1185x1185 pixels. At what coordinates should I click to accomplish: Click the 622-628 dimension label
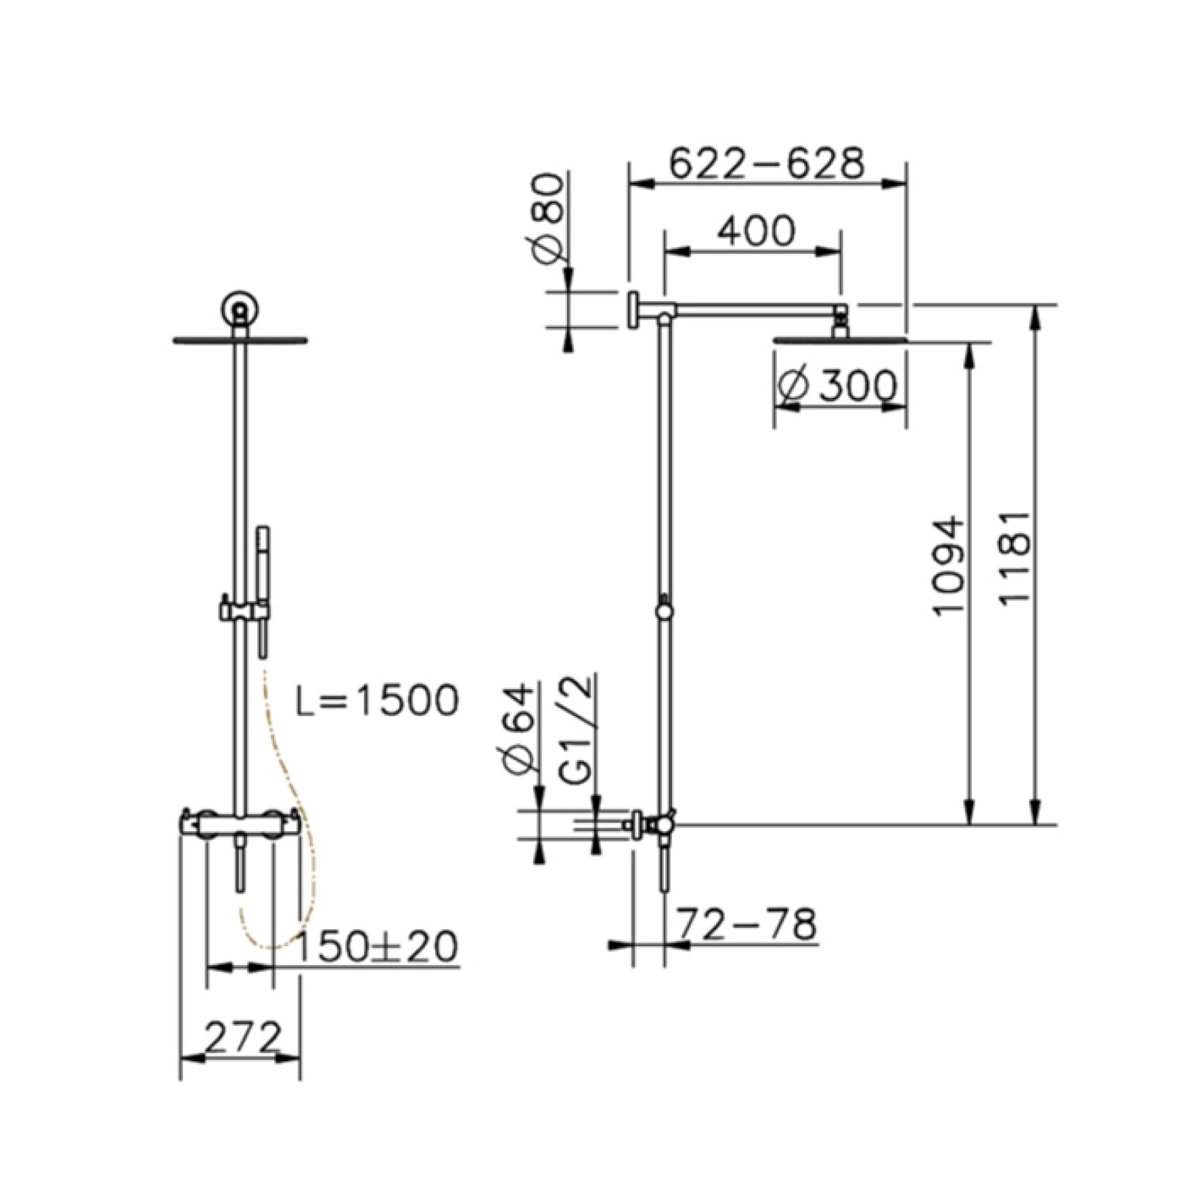point(766,163)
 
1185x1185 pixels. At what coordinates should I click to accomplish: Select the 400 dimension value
point(755,230)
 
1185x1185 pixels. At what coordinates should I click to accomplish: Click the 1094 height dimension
point(949,565)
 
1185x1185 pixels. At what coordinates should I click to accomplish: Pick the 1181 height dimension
point(1014,557)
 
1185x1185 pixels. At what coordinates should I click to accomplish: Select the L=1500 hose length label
point(378,701)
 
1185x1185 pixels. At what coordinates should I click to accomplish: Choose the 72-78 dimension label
point(746,924)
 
